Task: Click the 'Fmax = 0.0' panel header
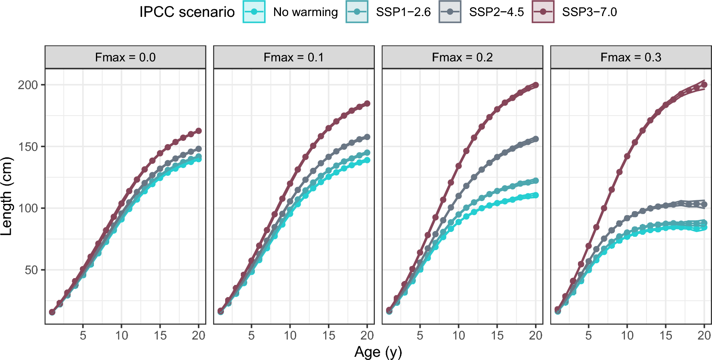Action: pyautogui.click(x=125, y=57)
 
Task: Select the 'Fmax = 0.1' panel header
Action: pyautogui.click(x=293, y=57)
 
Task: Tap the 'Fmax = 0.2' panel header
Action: pyautogui.click(x=462, y=57)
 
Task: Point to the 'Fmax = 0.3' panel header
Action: pyautogui.click(x=631, y=57)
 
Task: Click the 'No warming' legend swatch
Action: pyautogui.click(x=254, y=12)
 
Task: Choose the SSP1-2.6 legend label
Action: pyautogui.click(x=403, y=12)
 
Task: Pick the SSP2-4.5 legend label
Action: pyautogui.click(x=496, y=12)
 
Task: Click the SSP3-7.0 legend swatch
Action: pyautogui.click(x=543, y=12)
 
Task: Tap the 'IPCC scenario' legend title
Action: pyautogui.click(x=187, y=12)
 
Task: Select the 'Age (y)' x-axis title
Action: pyautogui.click(x=378, y=352)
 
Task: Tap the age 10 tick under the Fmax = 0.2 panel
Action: pyautogui.click(x=458, y=335)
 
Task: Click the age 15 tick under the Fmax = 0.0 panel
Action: pyautogui.click(x=160, y=335)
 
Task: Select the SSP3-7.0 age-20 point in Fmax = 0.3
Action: pyautogui.click(x=704, y=85)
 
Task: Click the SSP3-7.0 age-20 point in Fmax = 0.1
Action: pyautogui.click(x=367, y=104)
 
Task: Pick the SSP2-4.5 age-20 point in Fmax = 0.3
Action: pyautogui.click(x=704, y=204)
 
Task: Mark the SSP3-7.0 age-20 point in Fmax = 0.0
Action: pyautogui.click(x=198, y=131)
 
